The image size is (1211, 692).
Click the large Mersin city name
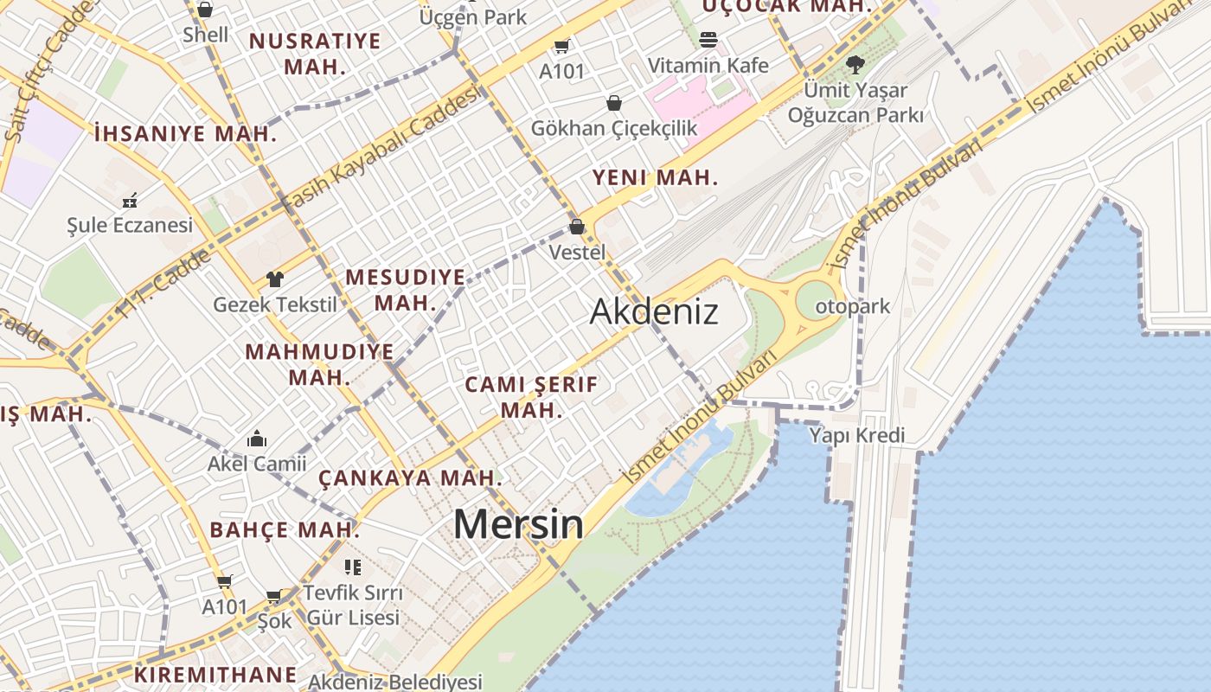pos(518,524)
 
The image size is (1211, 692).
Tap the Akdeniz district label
pos(654,311)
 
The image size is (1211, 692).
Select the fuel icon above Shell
pos(205,10)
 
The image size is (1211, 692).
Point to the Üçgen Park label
pos(472,16)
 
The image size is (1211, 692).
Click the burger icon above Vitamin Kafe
pos(708,40)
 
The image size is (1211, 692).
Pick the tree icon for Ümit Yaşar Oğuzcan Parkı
pos(855,64)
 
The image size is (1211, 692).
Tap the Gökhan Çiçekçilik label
pos(613,128)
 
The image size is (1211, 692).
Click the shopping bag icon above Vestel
pos(577,227)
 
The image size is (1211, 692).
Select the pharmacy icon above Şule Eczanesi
pos(130,201)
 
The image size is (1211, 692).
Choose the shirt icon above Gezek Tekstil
pos(274,279)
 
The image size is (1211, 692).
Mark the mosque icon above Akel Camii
pos(257,439)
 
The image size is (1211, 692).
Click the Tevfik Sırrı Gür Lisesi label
pos(353,605)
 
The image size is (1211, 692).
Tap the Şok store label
pos(275,622)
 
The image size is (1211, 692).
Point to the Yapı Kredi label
pos(856,435)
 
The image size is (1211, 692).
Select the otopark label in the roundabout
pos(852,307)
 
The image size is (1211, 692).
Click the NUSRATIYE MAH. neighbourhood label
pos(315,54)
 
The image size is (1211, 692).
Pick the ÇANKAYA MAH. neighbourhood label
pos(410,477)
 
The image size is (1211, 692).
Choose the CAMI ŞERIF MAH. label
pos(531,397)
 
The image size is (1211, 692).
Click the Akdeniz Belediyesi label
pos(394,682)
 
